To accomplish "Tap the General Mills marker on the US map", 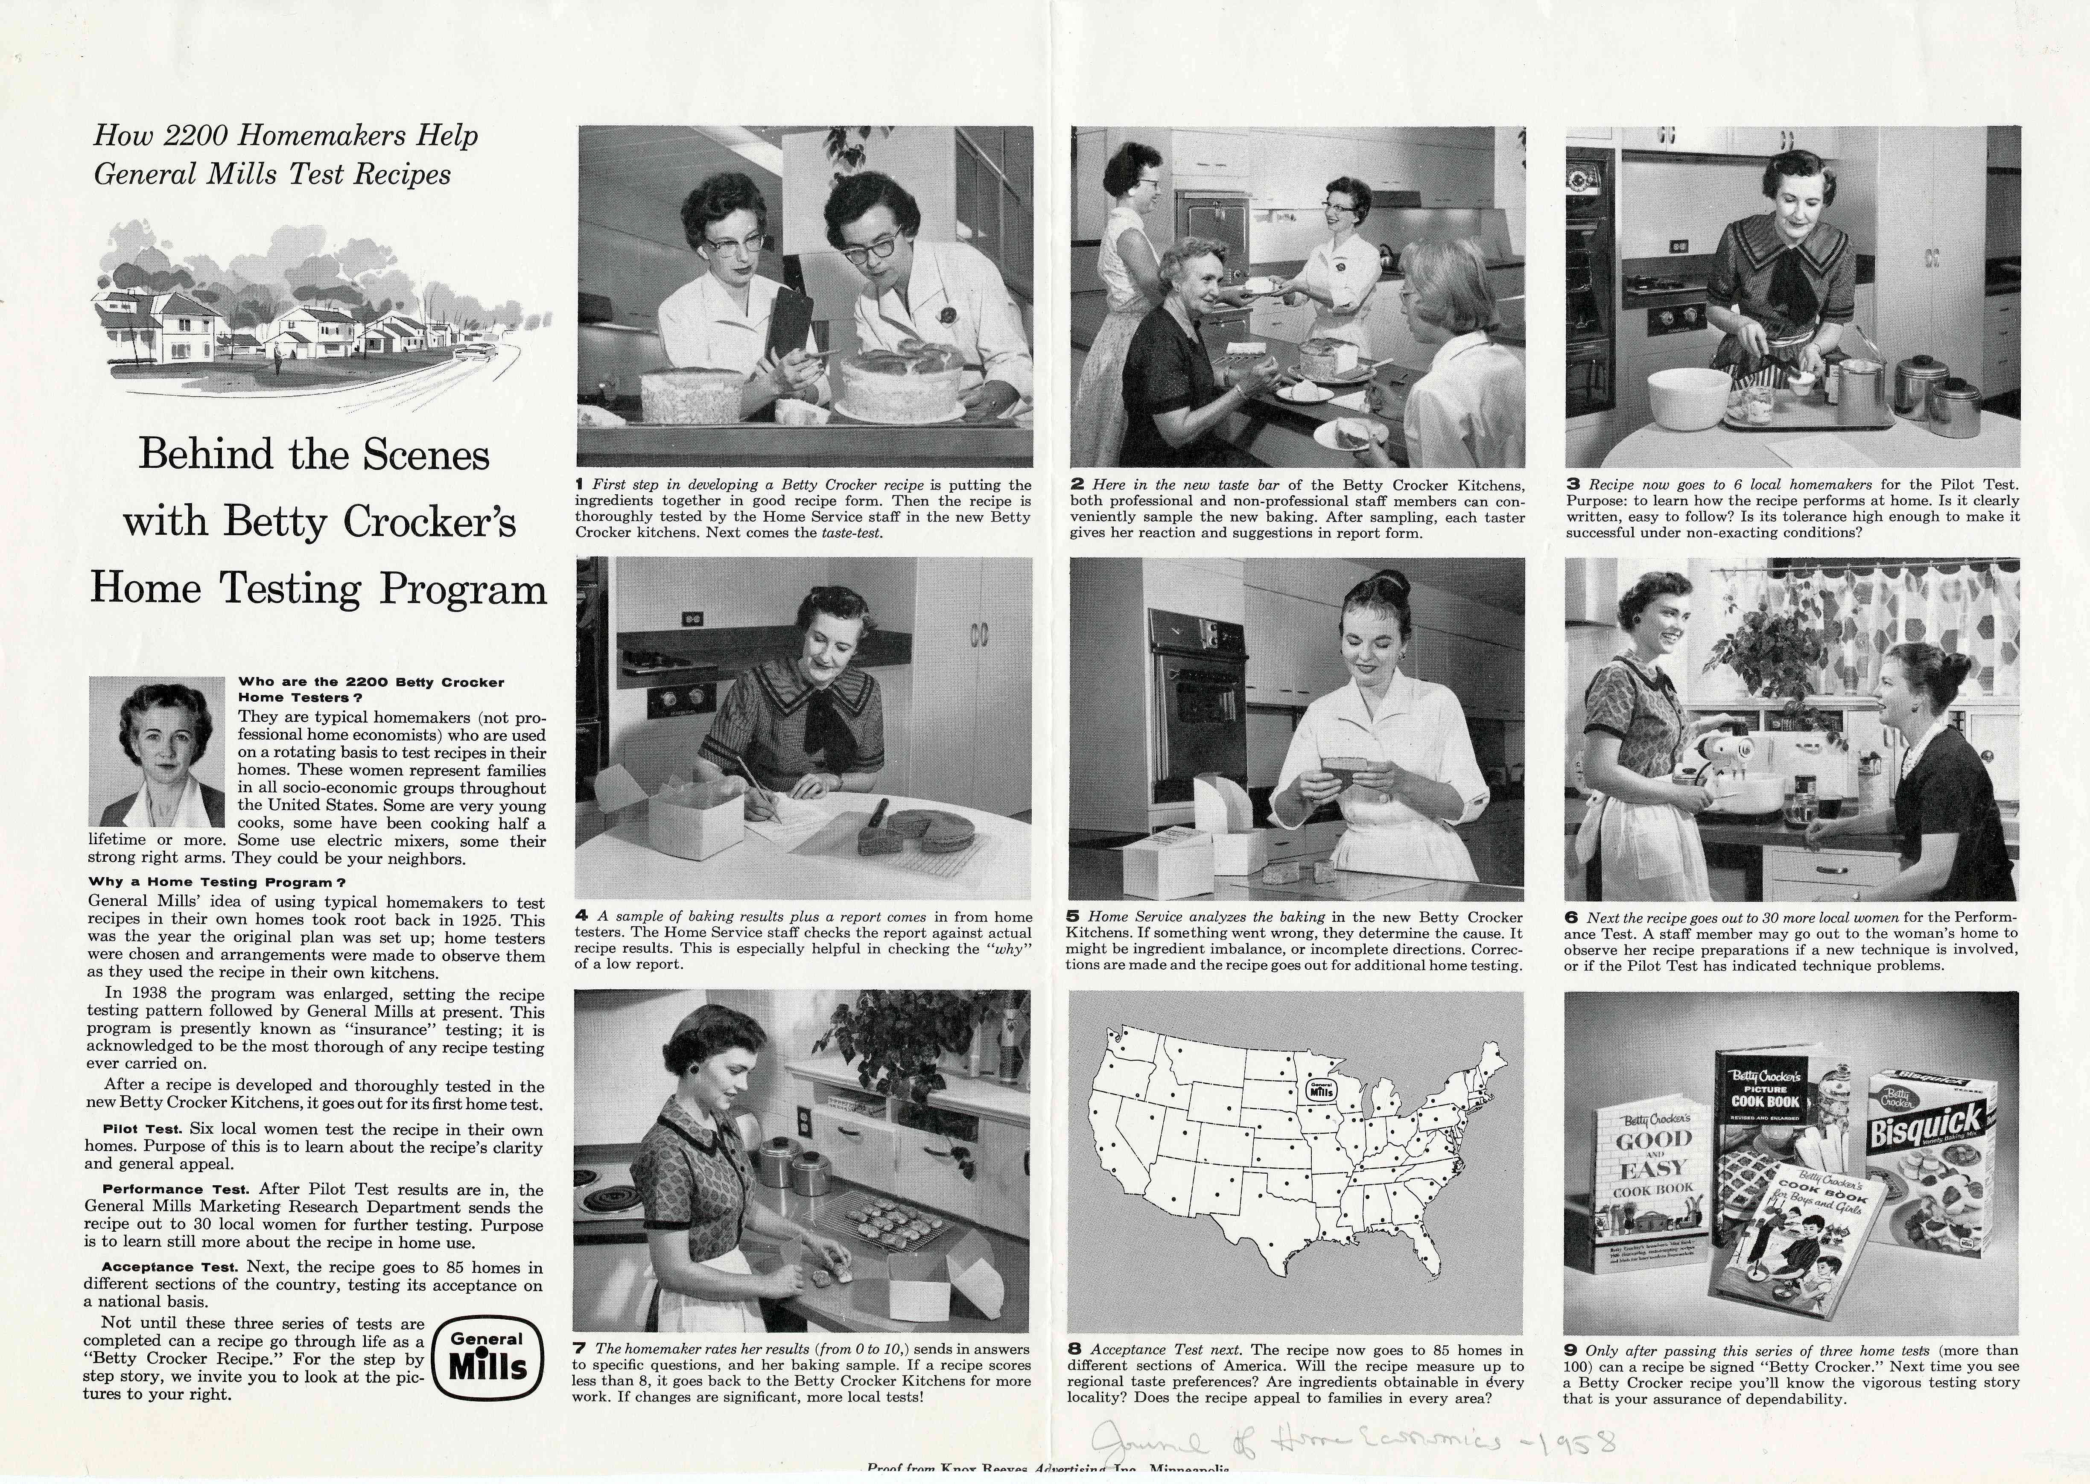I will pos(1322,1089).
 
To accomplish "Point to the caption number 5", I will pos(1074,915).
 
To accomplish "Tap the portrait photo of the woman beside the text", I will pos(157,751).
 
